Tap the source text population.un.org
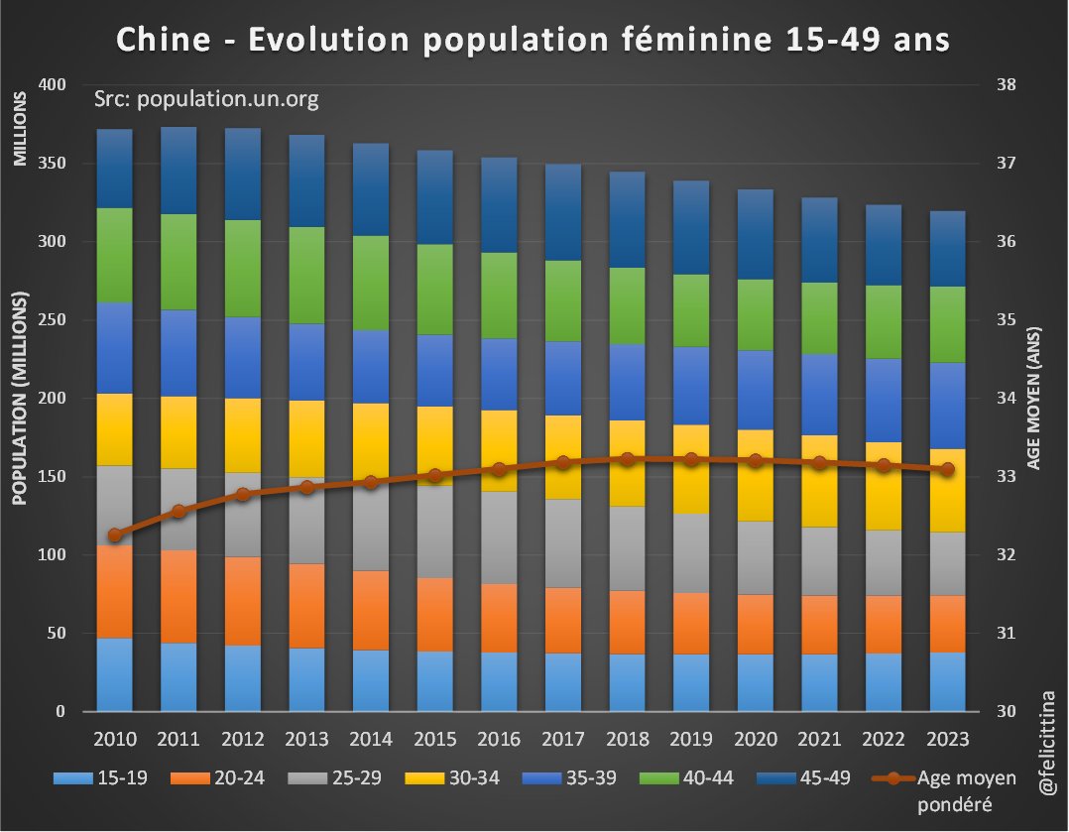point(205,99)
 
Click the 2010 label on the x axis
point(114,740)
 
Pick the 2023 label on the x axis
point(947,740)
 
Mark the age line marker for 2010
point(115,535)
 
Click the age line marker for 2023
point(947,469)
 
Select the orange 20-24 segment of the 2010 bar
point(115,591)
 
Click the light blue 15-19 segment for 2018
point(627,682)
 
